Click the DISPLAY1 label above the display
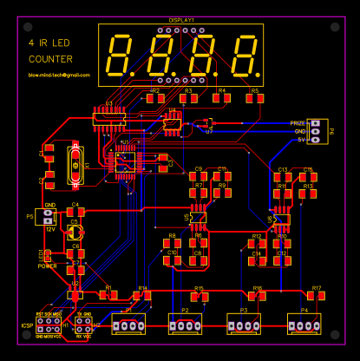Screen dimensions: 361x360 click(181, 20)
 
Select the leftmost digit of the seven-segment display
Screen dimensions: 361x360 click(119, 56)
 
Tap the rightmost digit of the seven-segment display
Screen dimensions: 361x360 click(245, 56)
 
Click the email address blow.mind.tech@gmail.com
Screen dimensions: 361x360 click(59, 75)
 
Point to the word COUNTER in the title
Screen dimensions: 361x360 click(51, 59)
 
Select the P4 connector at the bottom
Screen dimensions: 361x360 click(304, 325)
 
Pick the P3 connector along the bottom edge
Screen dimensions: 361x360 click(244, 325)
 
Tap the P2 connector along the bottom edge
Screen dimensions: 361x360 click(185, 325)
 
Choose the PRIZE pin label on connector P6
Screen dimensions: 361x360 click(298, 123)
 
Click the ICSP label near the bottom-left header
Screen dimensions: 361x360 click(27, 325)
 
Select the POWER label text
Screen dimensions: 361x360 click(48, 266)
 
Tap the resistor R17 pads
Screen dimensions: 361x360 click(316, 297)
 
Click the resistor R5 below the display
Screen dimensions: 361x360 click(254, 98)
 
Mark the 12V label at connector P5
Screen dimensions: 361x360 click(49, 228)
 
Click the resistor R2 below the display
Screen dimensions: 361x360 click(155, 98)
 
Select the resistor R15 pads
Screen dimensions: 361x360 click(199, 298)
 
